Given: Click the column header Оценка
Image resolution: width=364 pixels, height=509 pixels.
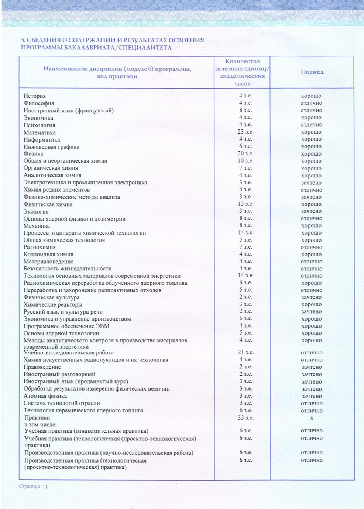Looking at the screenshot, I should point(312,72).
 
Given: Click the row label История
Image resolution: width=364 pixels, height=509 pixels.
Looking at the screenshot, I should point(35,96).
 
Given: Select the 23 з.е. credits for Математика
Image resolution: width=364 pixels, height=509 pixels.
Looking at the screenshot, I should point(245,132).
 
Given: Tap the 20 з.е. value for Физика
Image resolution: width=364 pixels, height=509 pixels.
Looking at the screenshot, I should point(245,153).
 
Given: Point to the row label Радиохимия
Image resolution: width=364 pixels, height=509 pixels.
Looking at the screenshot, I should point(40,247).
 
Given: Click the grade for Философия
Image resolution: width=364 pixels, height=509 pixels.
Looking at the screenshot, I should point(311,103).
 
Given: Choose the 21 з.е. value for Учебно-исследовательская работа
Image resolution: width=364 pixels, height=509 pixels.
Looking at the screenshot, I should point(245,352).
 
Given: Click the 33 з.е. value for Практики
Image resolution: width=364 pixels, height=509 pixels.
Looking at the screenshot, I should point(245,418).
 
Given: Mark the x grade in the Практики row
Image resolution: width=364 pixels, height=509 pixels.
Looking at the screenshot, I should point(312,418).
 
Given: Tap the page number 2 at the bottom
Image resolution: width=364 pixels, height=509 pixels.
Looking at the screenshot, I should point(46,487).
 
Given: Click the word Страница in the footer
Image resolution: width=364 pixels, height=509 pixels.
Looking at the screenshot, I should point(29,486).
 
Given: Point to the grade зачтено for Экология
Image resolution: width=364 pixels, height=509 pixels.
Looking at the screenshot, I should point(311,211).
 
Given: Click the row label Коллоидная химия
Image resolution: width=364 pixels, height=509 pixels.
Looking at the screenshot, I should point(48,254).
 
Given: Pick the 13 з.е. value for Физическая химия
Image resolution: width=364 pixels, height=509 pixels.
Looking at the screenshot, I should point(245,204).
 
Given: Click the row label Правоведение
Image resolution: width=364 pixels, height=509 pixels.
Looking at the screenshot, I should point(42,367).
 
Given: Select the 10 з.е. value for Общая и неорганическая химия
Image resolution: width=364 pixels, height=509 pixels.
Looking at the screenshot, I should point(245,161).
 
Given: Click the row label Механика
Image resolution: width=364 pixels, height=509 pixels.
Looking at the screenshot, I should point(37,226).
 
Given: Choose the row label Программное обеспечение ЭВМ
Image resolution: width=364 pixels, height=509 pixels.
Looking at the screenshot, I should point(66,326).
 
